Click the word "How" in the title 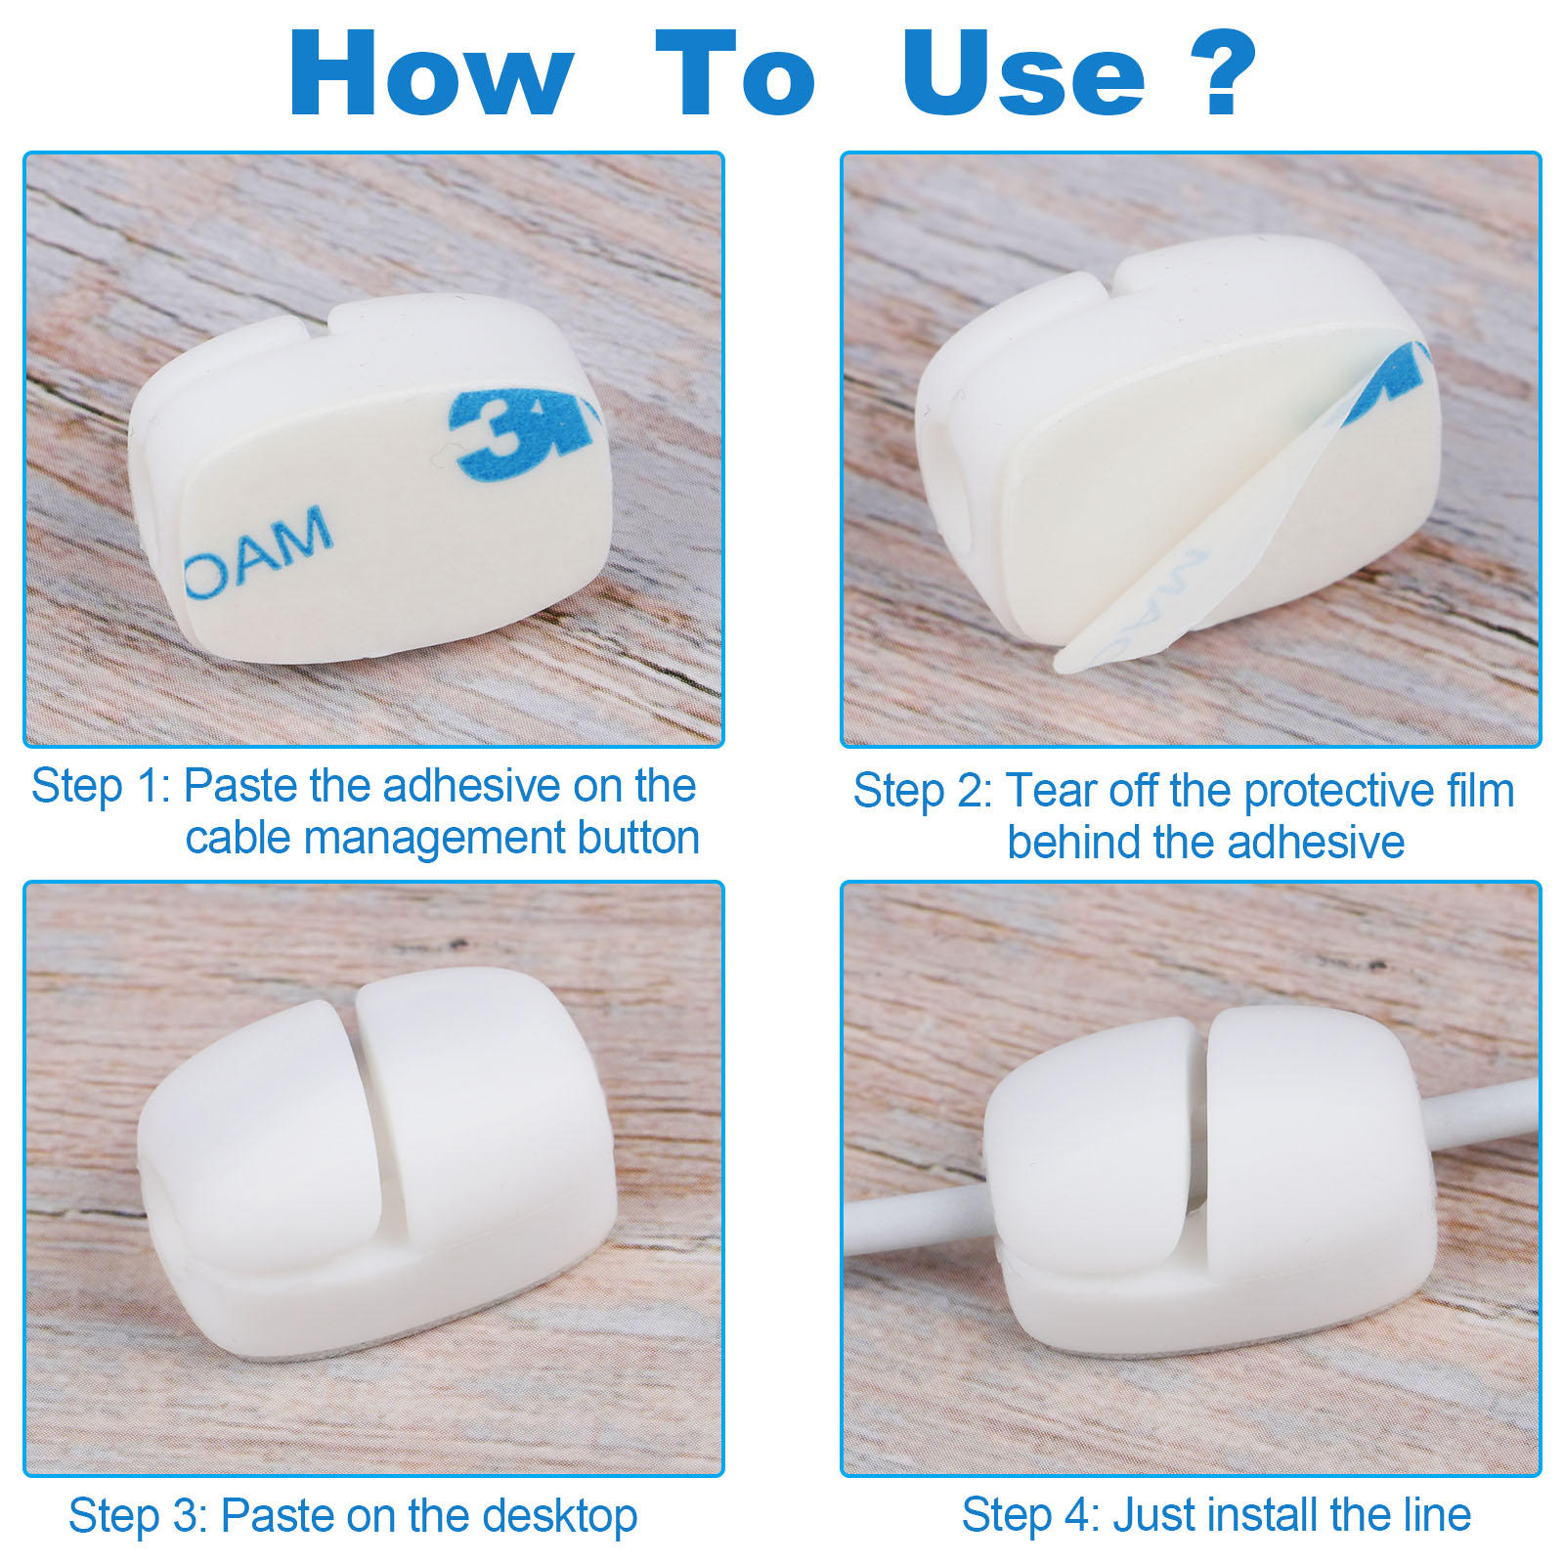[431, 73]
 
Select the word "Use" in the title [1022, 73]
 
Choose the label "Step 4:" [1032, 1515]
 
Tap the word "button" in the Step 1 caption [638, 838]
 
